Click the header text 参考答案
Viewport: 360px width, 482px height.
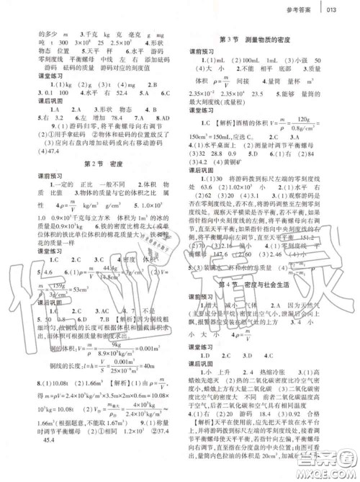click(x=314, y=9)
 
